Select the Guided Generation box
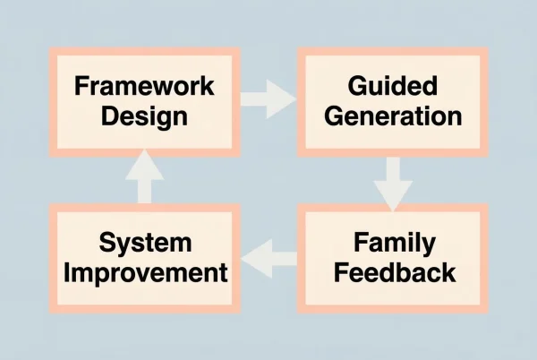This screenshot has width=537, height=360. pos(393,100)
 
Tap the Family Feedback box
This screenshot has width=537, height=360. pos(393,257)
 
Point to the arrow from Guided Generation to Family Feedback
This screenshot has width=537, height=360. pos(393,183)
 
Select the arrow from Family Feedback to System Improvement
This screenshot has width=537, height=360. pos(271,260)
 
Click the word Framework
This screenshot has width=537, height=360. pos(145,87)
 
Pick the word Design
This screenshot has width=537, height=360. pos(145,116)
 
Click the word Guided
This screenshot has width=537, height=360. pos(393,87)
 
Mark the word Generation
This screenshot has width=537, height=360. pos(393,116)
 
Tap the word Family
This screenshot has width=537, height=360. pos(393,242)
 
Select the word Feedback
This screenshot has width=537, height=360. pos(393,271)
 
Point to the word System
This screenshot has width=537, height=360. pos(145,243)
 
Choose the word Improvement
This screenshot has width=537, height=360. pos(145,272)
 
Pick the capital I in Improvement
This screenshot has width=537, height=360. pos(66,271)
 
